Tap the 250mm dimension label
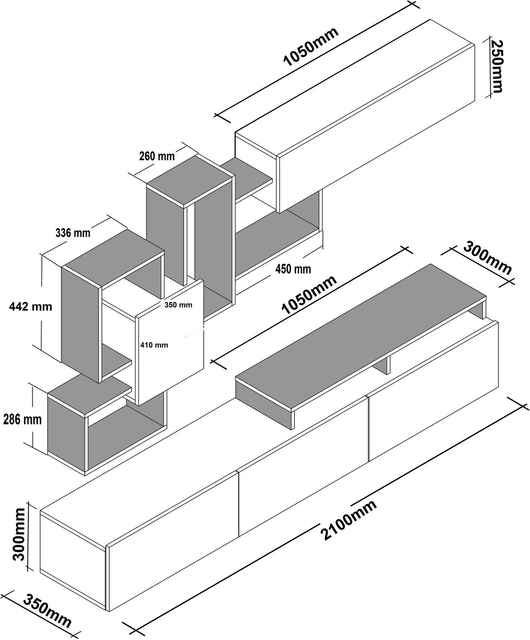click(x=497, y=66)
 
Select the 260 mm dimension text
click(x=157, y=156)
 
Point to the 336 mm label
click(x=73, y=232)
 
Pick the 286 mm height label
click(x=22, y=420)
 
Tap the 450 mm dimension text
click(x=293, y=269)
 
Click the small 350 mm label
click(x=178, y=305)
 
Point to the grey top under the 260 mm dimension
click(x=190, y=180)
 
